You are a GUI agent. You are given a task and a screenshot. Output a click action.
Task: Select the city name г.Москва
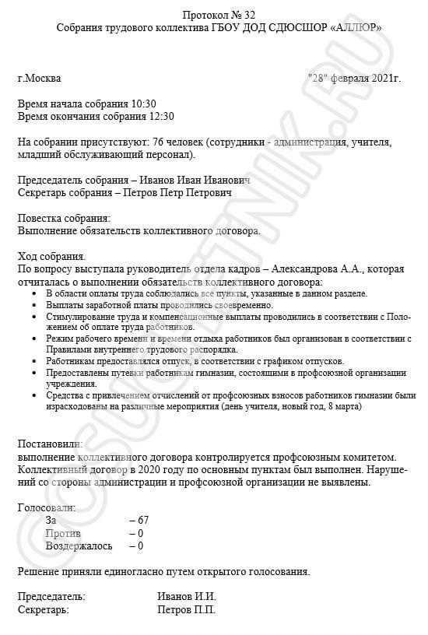[39, 79]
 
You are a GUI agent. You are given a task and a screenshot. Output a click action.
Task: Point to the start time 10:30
[145, 103]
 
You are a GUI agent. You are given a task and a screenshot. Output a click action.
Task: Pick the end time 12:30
[161, 116]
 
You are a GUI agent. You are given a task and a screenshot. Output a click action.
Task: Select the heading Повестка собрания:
[64, 218]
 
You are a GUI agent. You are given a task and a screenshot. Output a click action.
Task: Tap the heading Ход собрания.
[51, 256]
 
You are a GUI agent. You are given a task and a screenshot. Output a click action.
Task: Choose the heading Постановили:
[54, 443]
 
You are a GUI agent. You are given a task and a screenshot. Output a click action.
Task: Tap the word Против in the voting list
[63, 532]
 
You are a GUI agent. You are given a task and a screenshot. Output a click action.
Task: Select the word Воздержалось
[79, 546]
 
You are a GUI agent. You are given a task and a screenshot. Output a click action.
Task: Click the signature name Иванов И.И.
[187, 596]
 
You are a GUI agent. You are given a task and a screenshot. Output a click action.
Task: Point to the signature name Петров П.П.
[187, 609]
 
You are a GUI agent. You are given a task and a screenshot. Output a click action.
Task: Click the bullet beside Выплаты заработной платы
[36, 306]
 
